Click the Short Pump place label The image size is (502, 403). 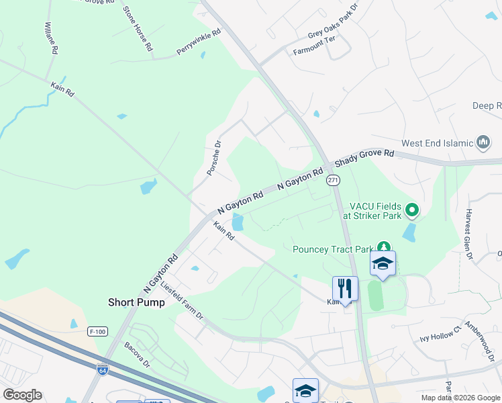136,302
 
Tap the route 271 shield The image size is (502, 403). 334,180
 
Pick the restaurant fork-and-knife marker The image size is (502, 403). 345,288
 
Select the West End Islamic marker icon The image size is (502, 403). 483,142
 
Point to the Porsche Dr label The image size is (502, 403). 213,158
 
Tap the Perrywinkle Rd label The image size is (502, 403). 199,42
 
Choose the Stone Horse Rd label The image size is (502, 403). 138,30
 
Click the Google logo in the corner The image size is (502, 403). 22,395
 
